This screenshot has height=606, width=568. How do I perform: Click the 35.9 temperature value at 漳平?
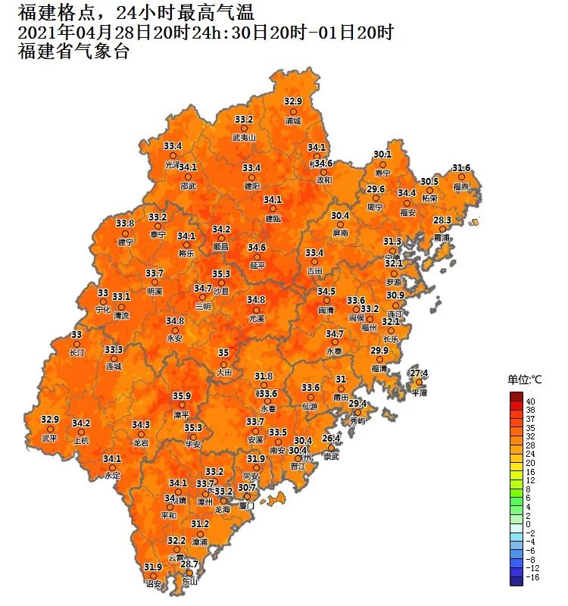point(182,395)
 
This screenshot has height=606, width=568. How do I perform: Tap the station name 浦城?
point(293,120)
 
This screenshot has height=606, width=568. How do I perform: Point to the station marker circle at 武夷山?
point(244,129)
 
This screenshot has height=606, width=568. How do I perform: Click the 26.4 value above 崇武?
point(332,438)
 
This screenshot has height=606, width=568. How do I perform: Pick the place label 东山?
point(189,582)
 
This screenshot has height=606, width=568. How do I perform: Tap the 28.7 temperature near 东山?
point(189,564)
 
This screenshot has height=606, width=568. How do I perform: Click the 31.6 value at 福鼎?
point(461,167)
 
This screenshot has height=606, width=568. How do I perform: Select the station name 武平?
point(50,438)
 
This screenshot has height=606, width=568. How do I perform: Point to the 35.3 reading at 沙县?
point(220,273)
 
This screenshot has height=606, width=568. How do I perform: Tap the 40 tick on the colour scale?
point(531,401)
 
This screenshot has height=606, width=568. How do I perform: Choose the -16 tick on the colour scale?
point(533,577)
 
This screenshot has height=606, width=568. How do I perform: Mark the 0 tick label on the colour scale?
point(529,524)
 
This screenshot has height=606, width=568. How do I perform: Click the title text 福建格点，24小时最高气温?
point(136,12)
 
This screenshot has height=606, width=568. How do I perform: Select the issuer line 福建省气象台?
point(73,52)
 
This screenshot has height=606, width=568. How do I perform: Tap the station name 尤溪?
point(256,319)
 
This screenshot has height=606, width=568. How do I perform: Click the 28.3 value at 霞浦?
point(442,220)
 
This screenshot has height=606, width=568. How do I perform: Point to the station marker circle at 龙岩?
point(141,434)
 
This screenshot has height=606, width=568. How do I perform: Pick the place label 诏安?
point(154,584)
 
